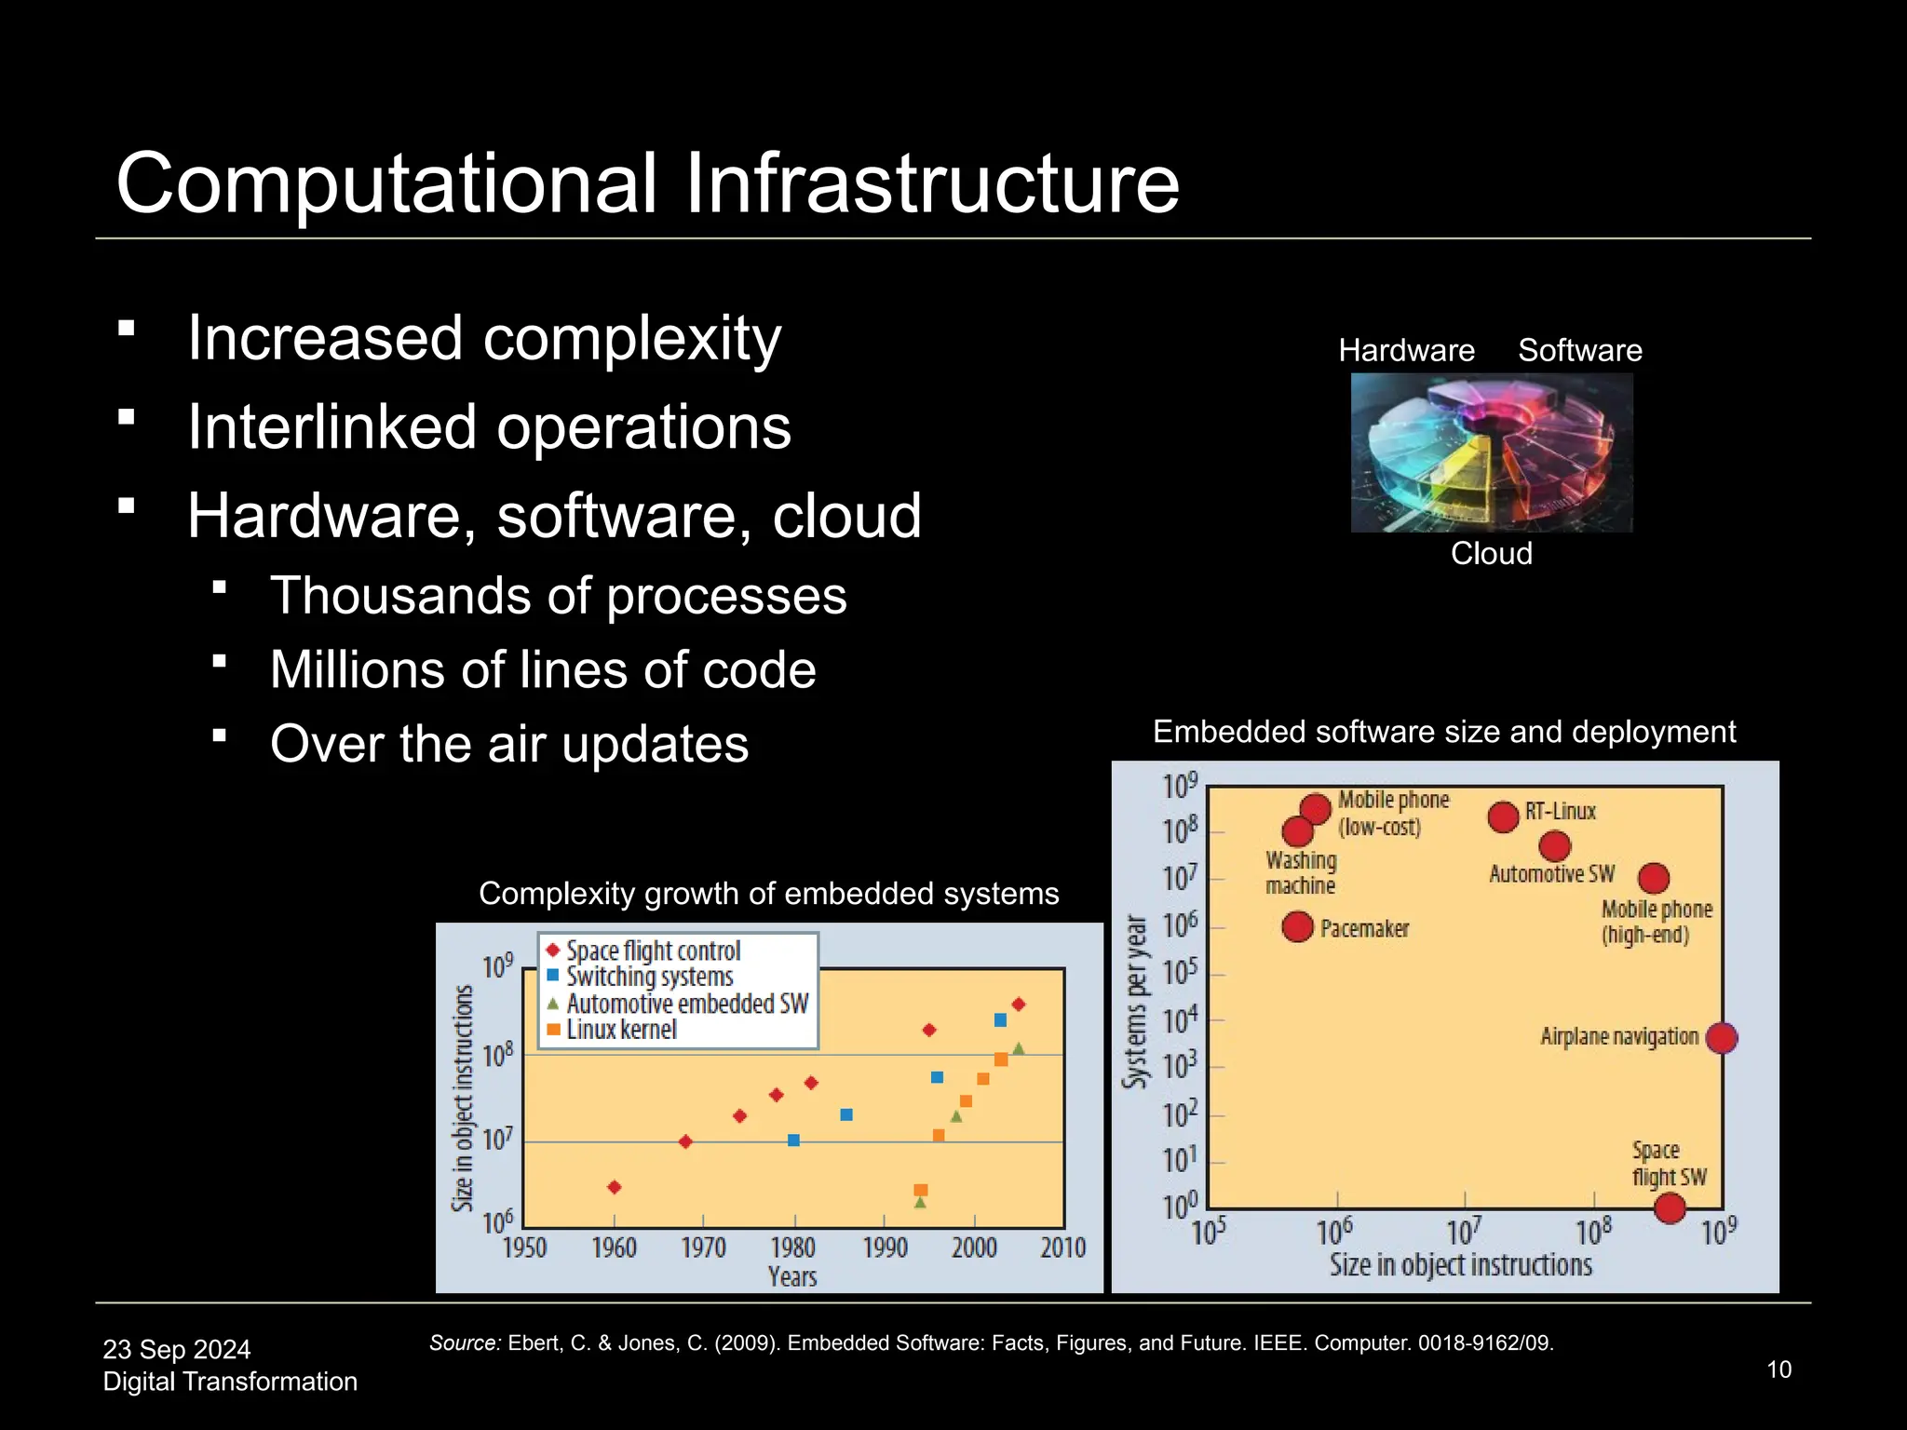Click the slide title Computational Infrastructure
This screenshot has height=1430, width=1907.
point(647,183)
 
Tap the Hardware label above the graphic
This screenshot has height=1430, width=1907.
point(1406,351)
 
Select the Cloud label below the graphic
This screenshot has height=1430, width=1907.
point(1491,554)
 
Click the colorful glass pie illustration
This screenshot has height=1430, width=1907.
point(1491,453)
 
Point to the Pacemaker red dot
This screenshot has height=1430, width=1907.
point(1297,926)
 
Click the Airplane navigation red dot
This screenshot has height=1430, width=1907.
point(1721,1037)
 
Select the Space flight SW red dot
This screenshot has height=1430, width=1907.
point(1670,1207)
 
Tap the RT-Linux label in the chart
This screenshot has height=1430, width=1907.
point(1560,812)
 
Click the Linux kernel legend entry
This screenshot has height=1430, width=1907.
point(621,1030)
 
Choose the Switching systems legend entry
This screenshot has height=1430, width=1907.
point(649,977)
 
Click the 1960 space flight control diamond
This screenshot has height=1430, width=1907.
point(614,1187)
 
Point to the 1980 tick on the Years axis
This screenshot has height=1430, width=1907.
point(793,1247)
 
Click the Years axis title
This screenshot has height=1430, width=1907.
point(792,1276)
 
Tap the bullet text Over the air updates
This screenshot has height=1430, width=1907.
point(508,744)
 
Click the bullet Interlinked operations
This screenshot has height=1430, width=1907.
point(489,427)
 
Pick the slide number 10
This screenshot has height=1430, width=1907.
point(1779,1369)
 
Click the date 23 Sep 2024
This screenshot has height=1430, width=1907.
point(176,1349)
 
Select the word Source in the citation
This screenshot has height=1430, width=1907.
point(464,1342)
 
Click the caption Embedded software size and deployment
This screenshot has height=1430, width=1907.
point(1443,732)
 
